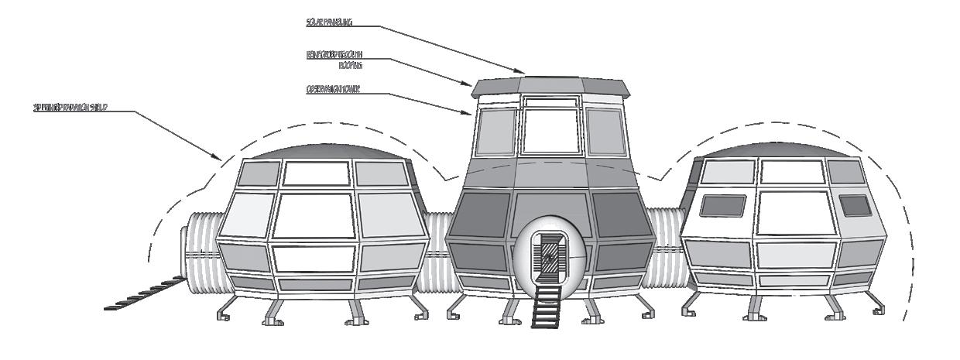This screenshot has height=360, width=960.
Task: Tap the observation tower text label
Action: [332, 89]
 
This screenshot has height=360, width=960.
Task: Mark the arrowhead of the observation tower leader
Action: [472, 114]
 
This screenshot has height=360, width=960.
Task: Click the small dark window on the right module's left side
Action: [722, 205]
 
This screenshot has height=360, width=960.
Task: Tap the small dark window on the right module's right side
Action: [855, 205]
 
